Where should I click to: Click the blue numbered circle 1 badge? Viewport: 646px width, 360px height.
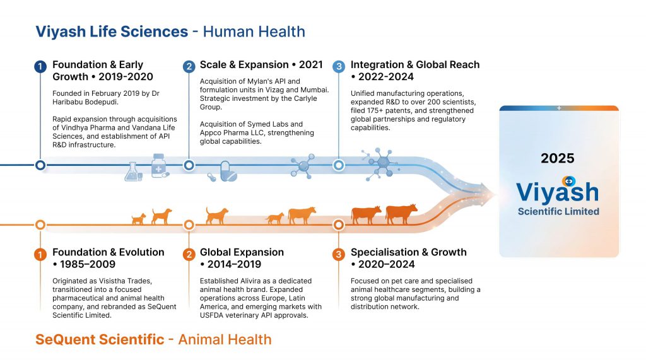point(40,66)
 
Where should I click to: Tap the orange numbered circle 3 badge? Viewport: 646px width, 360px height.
point(339,254)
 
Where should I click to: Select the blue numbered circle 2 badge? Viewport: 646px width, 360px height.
point(189,66)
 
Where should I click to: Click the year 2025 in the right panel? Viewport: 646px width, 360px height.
point(558,158)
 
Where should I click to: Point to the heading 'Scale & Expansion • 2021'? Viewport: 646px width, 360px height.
point(261,65)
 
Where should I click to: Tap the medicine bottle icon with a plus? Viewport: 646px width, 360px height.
point(160,166)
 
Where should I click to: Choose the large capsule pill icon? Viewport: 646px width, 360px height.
point(228,171)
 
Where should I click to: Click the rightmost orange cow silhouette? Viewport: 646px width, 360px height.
point(401,213)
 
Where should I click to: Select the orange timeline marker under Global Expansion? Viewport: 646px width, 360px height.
point(189,225)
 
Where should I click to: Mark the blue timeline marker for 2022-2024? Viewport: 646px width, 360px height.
point(339,165)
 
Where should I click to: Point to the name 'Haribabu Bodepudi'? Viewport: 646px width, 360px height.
point(85,102)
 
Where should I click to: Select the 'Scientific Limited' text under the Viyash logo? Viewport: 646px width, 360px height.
point(558,211)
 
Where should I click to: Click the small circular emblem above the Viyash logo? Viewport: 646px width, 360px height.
point(569,181)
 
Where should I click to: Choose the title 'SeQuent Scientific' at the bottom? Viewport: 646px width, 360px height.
point(100,339)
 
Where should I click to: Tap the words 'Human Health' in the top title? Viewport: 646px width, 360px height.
point(254,32)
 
